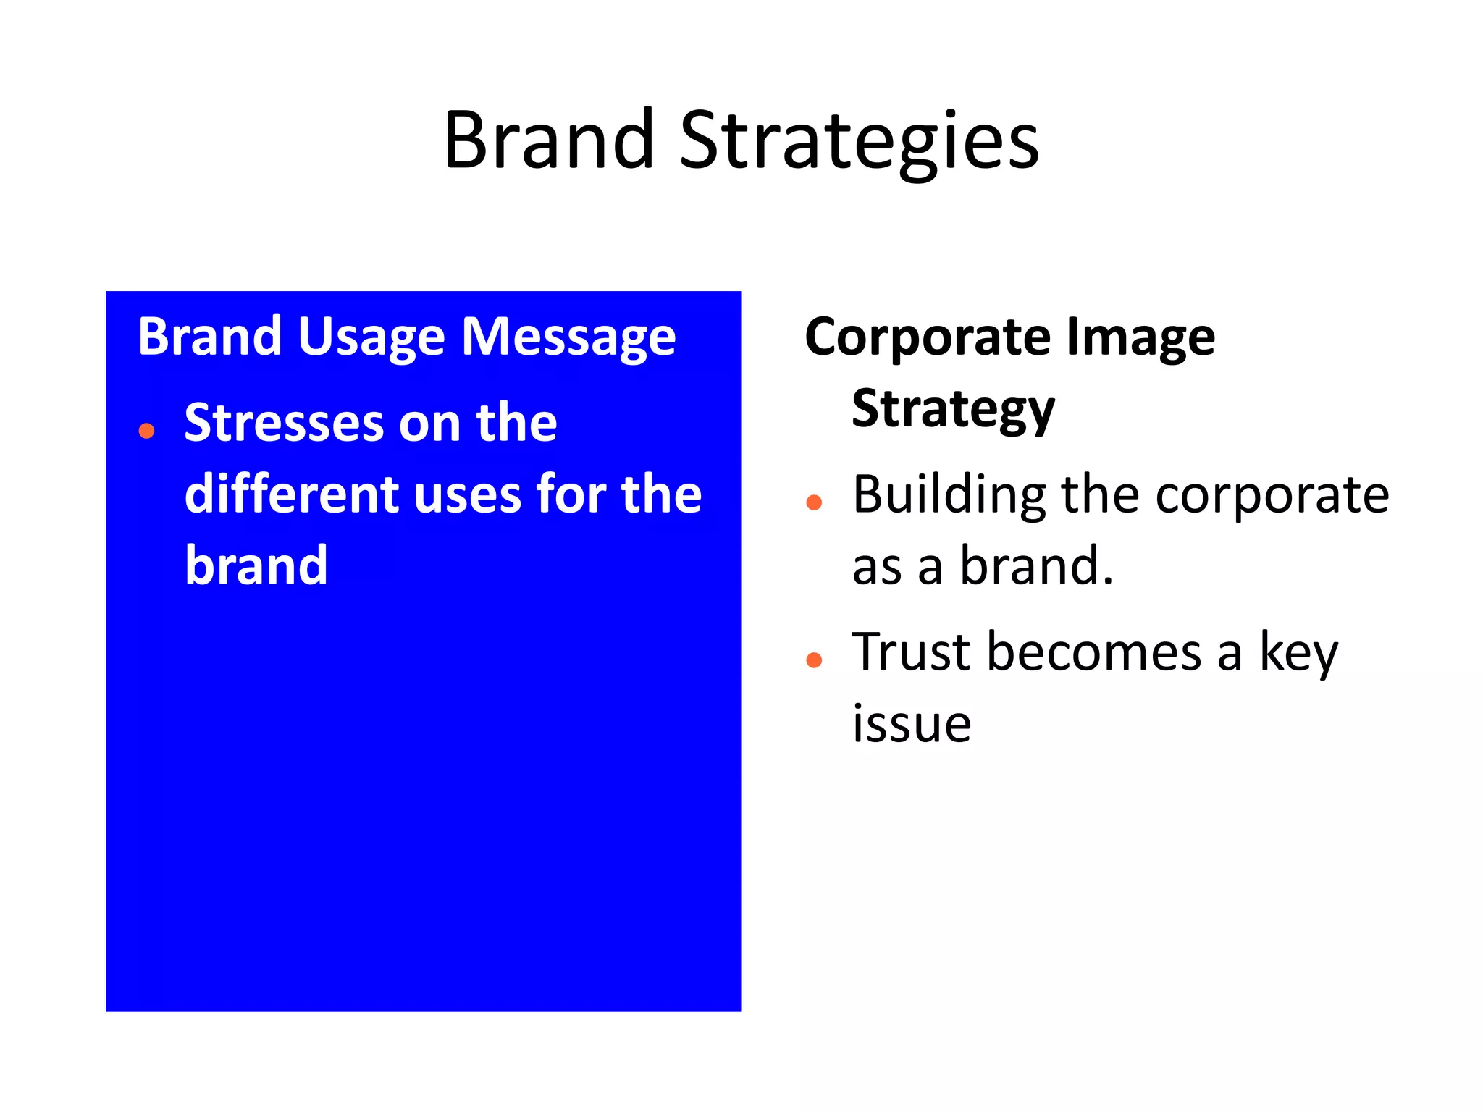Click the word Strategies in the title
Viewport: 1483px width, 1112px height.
pos(859,141)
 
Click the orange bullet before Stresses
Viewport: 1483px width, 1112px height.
pos(146,431)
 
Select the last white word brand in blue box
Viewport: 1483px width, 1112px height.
pos(256,566)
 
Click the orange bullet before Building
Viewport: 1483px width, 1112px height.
pos(814,502)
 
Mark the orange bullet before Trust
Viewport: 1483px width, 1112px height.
pos(814,660)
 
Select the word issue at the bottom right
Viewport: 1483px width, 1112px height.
pos(912,723)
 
